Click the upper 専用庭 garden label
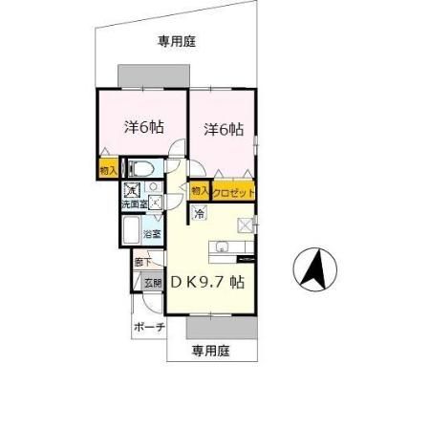pos(177,41)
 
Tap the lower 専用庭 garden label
pos(210,351)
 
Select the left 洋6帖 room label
pos(140,126)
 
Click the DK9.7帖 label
pos(209,283)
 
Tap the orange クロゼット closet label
pos(234,192)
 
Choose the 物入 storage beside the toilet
pos(107,170)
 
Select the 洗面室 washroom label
pos(133,204)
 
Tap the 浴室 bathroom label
pos(151,232)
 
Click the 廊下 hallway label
pos(142,260)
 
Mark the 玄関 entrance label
pos(153,282)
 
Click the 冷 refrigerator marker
pos(200,214)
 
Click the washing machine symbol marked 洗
pos(133,190)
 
